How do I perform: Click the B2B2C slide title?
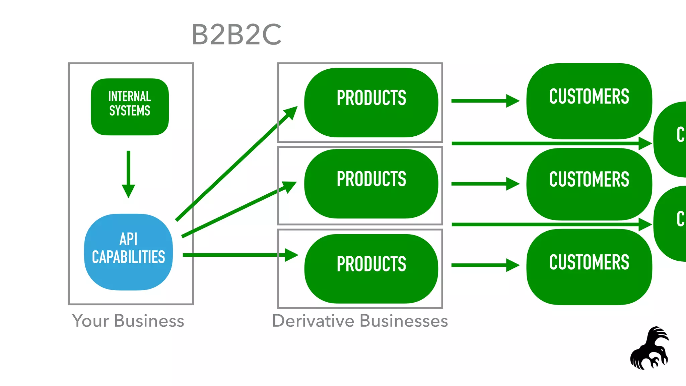[236, 35]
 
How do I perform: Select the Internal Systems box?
[130, 107]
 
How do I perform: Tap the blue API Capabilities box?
[128, 252]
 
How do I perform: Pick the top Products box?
[371, 102]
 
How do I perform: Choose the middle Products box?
[371, 184]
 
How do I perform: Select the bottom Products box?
[371, 268]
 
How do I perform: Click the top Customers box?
[589, 101]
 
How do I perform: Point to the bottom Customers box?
[589, 267]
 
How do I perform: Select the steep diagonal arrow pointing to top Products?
[234, 164]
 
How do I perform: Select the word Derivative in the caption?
[313, 321]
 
